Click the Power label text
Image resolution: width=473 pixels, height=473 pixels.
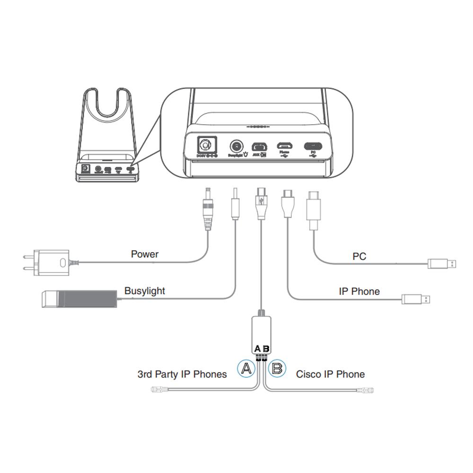pyautogui.click(x=144, y=254)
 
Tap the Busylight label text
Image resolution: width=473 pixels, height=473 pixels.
pyautogui.click(x=145, y=291)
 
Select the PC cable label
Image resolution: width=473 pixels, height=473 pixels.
pyautogui.click(x=359, y=257)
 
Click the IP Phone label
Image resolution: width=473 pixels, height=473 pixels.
pyautogui.click(x=359, y=291)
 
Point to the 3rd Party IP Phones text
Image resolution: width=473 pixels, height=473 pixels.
pyautogui.click(x=182, y=374)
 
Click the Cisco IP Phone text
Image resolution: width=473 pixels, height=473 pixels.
pyautogui.click(x=330, y=374)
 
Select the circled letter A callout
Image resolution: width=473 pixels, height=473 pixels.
pyautogui.click(x=245, y=368)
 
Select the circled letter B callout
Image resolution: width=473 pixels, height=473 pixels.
pyautogui.click(x=277, y=368)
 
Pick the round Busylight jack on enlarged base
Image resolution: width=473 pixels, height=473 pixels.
pyautogui.click(x=236, y=146)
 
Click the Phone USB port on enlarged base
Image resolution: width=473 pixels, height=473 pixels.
pyautogui.click(x=284, y=146)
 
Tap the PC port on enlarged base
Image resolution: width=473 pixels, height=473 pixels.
pyautogui.click(x=313, y=146)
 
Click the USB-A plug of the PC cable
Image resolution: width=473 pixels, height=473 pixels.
pyautogui.click(x=442, y=263)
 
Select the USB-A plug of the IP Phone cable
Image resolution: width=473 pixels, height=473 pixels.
pyautogui.click(x=416, y=299)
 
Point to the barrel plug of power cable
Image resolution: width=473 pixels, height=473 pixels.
pyautogui.click(x=207, y=208)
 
